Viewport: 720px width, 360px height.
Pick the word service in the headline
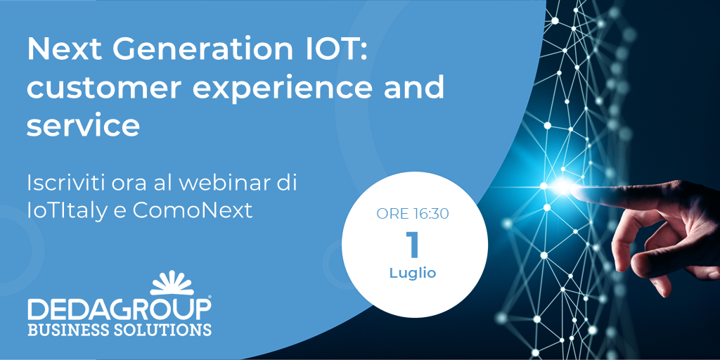pyautogui.click(x=83, y=126)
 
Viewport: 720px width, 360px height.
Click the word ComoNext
pyautogui.click(x=193, y=211)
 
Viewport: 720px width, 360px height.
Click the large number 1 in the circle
pyautogui.click(x=413, y=245)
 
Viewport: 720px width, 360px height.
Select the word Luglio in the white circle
pyautogui.click(x=413, y=274)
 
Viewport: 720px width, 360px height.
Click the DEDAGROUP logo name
pyautogui.click(x=118, y=310)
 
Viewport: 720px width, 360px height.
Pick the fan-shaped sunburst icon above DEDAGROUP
pyautogui.click(x=172, y=283)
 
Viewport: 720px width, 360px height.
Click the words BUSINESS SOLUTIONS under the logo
pyautogui.click(x=120, y=330)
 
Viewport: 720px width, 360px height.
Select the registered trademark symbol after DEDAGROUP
pyautogui.click(x=209, y=298)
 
